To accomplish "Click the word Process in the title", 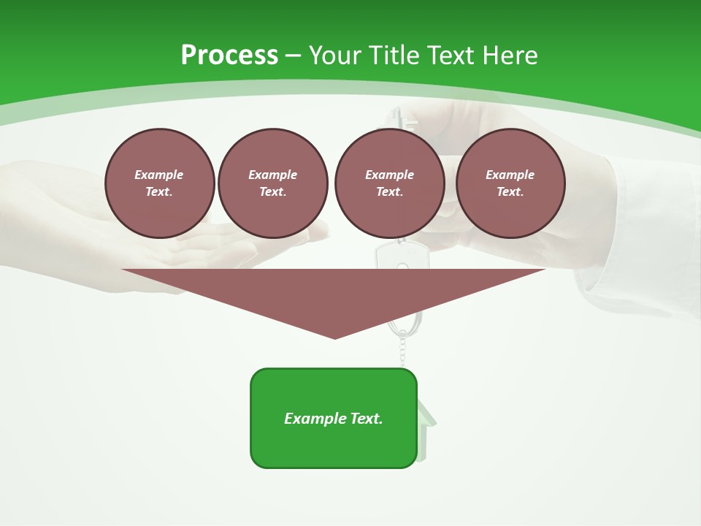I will tap(229, 56).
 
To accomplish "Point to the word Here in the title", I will tap(511, 56).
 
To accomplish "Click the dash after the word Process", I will tap(294, 56).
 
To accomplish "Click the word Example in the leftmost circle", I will tap(159, 175).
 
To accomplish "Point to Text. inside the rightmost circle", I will tap(510, 192).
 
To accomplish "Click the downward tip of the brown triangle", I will tap(335, 338).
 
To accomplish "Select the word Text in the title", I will tap(452, 56).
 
